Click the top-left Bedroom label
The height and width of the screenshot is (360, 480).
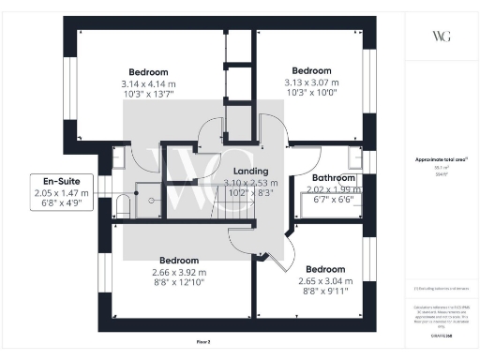click(149, 72)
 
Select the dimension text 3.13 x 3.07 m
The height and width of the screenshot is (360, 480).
click(311, 82)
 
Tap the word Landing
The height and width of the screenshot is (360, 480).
click(251, 172)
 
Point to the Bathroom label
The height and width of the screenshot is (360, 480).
click(333, 177)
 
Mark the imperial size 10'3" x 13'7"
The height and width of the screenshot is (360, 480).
click(149, 95)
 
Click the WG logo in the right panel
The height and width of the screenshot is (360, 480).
click(442, 37)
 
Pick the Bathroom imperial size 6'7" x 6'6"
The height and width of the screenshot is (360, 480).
click(332, 199)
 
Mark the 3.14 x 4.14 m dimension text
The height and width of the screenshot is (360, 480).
click(149, 83)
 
